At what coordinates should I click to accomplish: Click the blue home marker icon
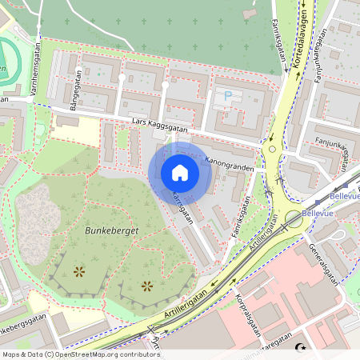pyautogui.click(x=180, y=173)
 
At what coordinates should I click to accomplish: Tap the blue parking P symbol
pyautogui.click(x=227, y=96)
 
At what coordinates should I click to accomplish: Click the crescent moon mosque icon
pyautogui.click(x=302, y=348)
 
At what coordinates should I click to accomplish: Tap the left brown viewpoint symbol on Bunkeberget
pyautogui.click(x=78, y=272)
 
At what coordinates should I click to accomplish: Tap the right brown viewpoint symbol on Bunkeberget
pyautogui.click(x=146, y=286)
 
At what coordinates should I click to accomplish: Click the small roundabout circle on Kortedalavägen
pyautogui.click(x=272, y=149)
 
